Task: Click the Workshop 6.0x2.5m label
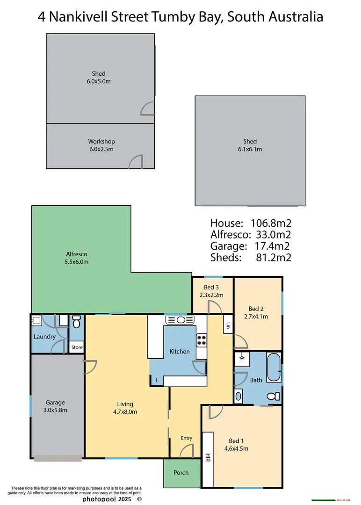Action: [101, 145]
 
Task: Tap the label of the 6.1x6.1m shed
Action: [250, 145]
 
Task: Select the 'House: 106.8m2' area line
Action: [251, 223]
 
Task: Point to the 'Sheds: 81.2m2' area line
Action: [251, 258]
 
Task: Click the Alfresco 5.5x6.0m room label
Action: [76, 258]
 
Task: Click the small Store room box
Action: [77, 347]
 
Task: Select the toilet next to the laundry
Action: [77, 322]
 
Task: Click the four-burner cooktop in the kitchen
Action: [201, 340]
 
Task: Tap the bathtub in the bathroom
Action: [273, 368]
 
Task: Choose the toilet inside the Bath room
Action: [273, 396]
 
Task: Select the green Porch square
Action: [180, 473]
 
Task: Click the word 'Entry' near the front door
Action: [186, 438]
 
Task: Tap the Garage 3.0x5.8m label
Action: [56, 406]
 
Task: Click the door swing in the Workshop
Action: [136, 161]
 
